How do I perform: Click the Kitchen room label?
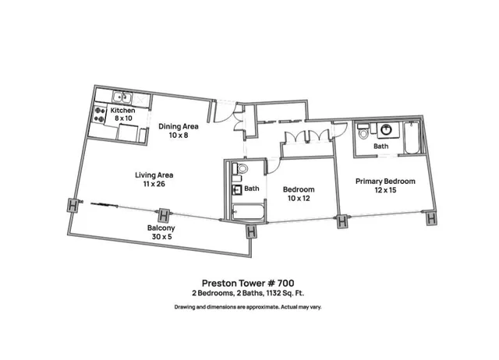122,111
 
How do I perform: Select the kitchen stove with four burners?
100,116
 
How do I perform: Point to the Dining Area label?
178,126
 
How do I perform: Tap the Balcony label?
161,228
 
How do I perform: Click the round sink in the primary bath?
383,130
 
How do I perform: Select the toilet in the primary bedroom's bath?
363,135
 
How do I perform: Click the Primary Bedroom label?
385,182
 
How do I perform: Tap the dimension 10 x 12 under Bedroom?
299,199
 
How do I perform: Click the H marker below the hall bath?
251,231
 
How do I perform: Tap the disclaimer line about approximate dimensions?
247,307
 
